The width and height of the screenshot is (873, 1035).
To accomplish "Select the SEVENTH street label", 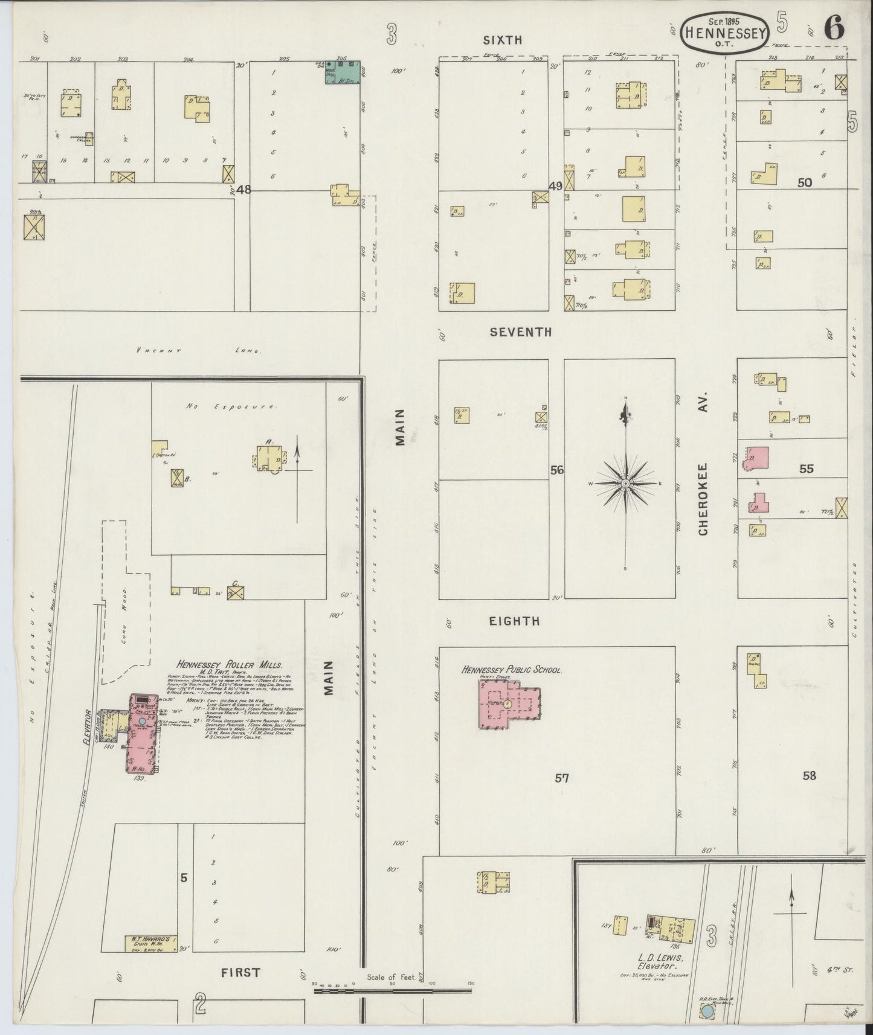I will coord(521,332).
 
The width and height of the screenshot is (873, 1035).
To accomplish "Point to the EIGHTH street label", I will coord(515,621).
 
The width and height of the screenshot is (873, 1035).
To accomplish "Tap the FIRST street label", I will coord(240,972).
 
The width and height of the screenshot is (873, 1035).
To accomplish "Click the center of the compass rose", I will coord(626,484).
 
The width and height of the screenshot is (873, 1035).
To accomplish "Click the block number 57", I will coord(562,778).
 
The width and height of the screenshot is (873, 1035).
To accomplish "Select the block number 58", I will coord(809,775).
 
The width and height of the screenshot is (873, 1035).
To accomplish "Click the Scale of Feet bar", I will coord(393,990).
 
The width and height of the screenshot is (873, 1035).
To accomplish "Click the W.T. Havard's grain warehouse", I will coord(151,943).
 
